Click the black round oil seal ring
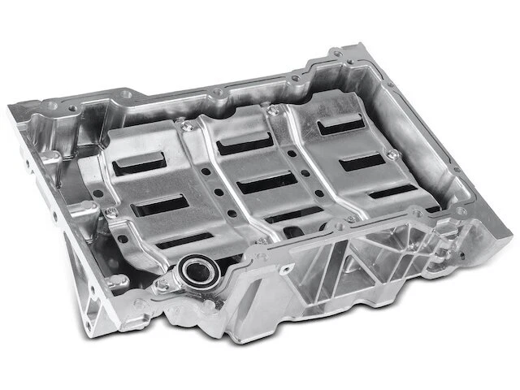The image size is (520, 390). (x=198, y=270)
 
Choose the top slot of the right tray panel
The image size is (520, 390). (x=340, y=127)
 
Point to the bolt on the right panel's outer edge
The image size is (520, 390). (x=393, y=154)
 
